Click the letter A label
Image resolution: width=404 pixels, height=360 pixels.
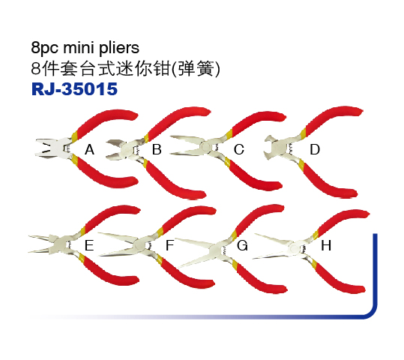click(89, 149)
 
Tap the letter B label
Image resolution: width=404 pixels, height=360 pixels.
click(157, 149)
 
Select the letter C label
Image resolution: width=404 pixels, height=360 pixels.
click(239, 149)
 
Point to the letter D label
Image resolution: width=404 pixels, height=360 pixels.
click(315, 149)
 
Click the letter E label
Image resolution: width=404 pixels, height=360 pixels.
click(89, 245)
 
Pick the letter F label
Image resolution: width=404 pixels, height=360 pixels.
click(169, 245)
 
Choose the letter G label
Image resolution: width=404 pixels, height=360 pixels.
click(242, 245)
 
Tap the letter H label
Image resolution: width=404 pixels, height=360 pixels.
click(326, 245)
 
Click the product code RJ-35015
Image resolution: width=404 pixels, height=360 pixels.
click(74, 89)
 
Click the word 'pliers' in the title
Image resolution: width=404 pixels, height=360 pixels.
click(119, 48)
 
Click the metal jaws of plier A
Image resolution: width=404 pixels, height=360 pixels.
click(50, 148)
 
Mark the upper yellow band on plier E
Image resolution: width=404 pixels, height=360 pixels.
click(83, 231)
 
